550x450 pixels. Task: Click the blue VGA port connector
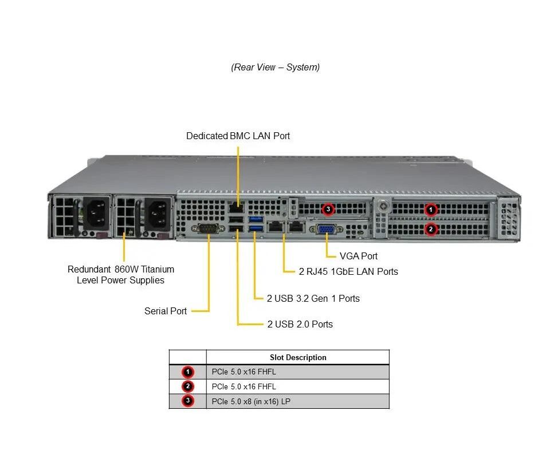pyautogui.click(x=326, y=229)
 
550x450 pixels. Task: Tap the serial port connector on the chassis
pyautogui.click(x=209, y=229)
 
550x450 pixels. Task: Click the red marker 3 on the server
pyautogui.click(x=328, y=209)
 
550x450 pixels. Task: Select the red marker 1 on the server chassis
pyautogui.click(x=431, y=210)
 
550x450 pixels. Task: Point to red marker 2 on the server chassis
pyautogui.click(x=431, y=230)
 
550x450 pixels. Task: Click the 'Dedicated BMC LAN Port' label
pyautogui.click(x=238, y=136)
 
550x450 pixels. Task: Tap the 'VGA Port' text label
pyautogui.click(x=359, y=256)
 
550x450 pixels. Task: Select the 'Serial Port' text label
pyautogui.click(x=166, y=311)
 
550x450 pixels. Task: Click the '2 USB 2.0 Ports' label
pyautogui.click(x=300, y=324)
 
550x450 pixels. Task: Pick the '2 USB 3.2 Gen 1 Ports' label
pyautogui.click(x=313, y=299)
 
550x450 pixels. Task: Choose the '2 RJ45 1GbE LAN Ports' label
pyautogui.click(x=348, y=271)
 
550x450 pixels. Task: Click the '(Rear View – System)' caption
pyautogui.click(x=276, y=68)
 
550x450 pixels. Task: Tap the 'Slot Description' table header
pyautogui.click(x=298, y=357)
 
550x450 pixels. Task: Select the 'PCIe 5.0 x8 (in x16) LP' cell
pyautogui.click(x=251, y=402)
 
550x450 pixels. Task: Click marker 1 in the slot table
pyautogui.click(x=188, y=372)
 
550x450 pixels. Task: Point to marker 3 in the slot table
pyautogui.click(x=188, y=401)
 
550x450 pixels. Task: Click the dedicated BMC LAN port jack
pyautogui.click(x=236, y=207)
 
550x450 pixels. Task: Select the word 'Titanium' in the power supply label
pyautogui.click(x=158, y=270)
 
